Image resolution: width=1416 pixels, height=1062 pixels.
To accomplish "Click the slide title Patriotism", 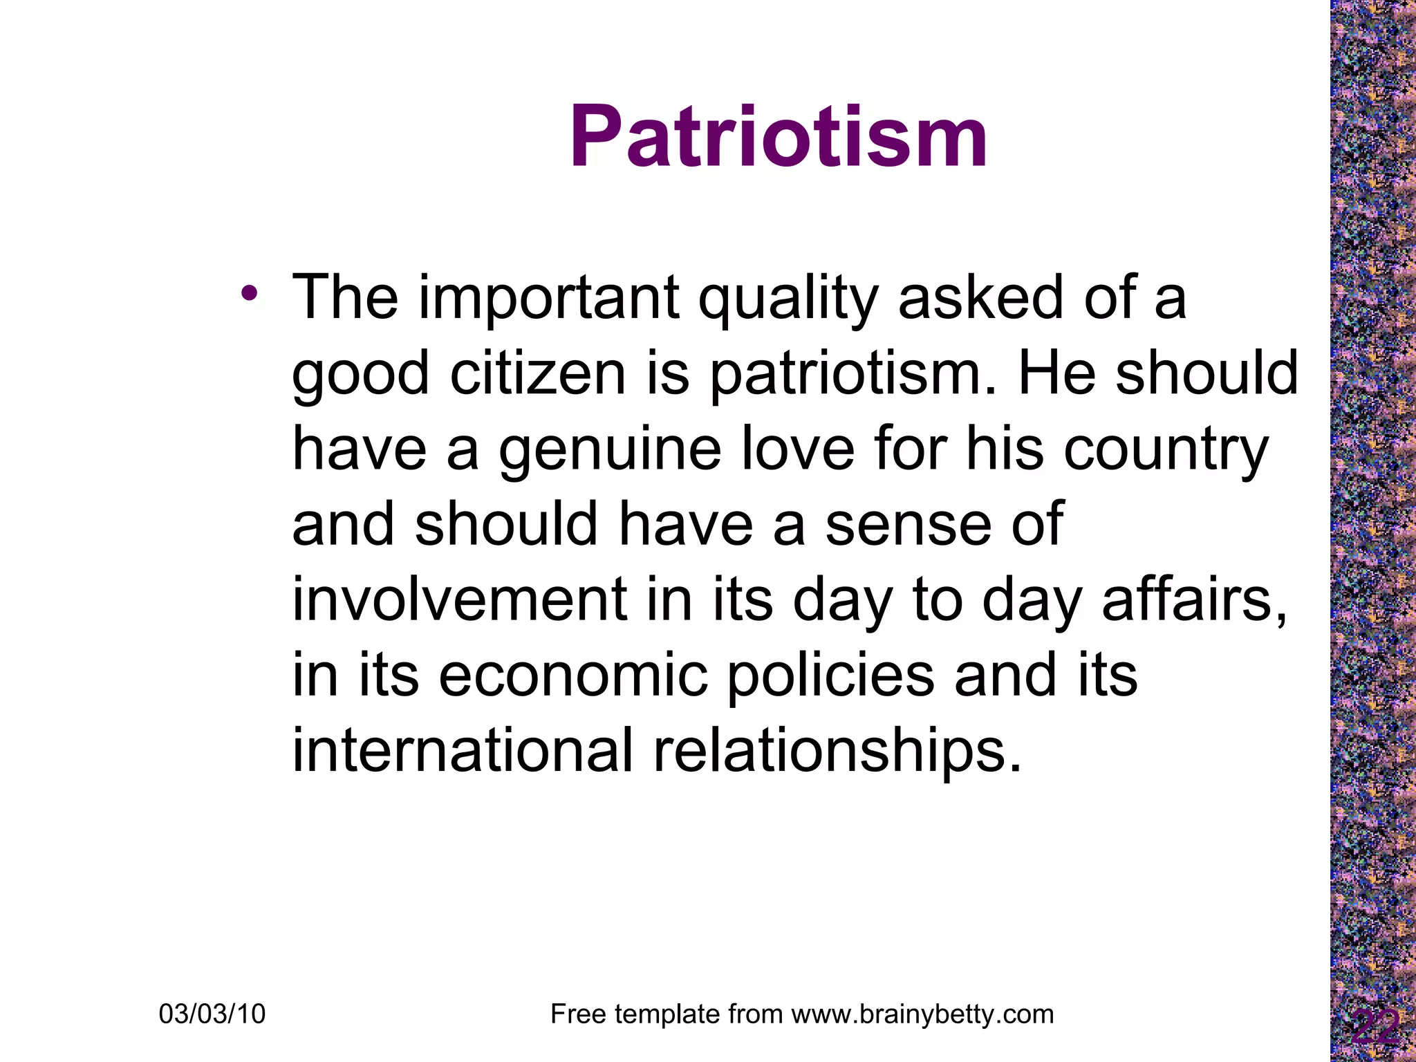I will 779,136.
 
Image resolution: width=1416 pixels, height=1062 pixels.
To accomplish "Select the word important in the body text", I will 548,299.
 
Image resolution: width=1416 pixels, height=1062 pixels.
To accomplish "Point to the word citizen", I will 537,373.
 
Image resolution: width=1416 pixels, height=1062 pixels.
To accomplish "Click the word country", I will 1165,449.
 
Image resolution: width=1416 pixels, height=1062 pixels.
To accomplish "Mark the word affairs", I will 1194,599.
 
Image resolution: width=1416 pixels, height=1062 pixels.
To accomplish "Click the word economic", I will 573,675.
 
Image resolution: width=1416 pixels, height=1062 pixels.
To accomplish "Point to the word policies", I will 830,675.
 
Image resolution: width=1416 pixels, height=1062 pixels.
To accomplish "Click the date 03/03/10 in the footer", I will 212,1014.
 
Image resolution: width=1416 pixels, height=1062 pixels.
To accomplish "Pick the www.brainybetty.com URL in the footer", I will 922,1014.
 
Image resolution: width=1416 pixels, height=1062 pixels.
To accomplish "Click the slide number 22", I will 1375,1029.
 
